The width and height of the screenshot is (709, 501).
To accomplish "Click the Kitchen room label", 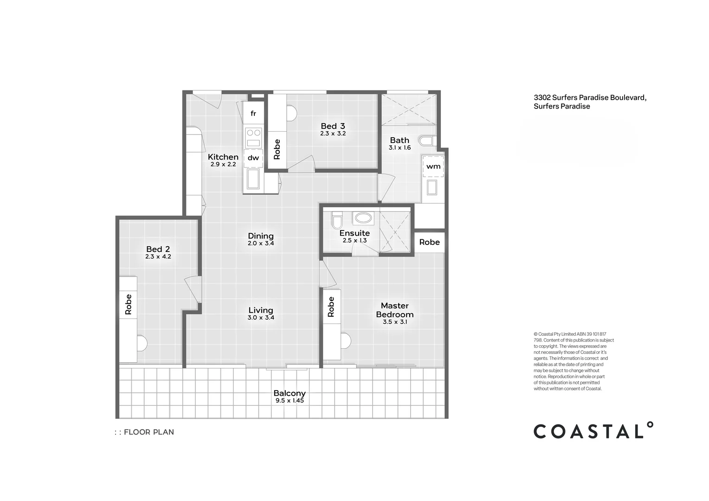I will coord(223,157).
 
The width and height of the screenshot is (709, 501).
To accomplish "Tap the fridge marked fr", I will coord(253,114).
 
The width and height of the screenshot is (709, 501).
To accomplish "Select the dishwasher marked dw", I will coord(253,158).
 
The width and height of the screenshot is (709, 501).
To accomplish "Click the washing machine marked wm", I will coord(433,166).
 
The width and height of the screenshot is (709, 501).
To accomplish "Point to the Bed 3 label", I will coord(333,126).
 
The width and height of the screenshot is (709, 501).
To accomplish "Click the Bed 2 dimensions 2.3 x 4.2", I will coord(158,257).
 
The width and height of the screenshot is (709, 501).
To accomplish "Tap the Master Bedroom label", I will coord(394,310).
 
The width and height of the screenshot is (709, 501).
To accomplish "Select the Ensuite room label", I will coord(354,233).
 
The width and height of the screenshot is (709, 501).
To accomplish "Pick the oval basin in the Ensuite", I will coord(362,218).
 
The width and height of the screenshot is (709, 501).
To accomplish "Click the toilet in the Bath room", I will coord(426,141).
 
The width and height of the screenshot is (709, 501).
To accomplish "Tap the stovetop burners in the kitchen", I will coord(253,132).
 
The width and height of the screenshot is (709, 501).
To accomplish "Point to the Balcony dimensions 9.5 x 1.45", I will coord(290,400).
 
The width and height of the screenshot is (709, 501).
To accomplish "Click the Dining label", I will coord(261,236).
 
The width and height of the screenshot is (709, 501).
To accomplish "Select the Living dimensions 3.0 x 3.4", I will coord(261,318).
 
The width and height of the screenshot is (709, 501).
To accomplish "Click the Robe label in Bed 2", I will coord(129,304).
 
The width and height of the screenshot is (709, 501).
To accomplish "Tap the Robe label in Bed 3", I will coord(277,149).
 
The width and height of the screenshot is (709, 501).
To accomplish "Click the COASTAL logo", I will coord(593,431).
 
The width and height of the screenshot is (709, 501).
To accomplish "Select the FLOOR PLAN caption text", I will coord(148,432).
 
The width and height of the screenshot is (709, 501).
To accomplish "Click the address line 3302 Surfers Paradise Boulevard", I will coord(590,97).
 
